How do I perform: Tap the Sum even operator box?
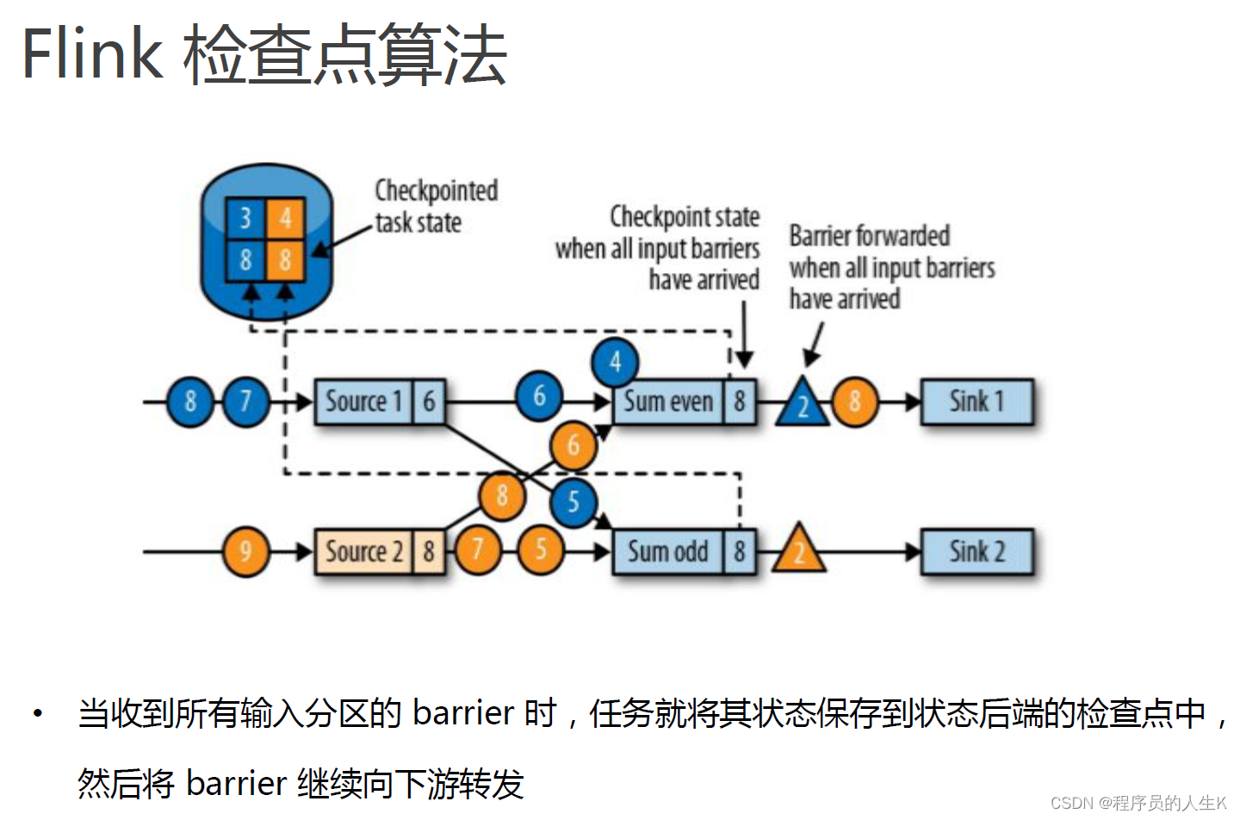(x=668, y=401)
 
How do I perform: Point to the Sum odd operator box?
(x=668, y=551)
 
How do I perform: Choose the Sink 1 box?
(x=976, y=401)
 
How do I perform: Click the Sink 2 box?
(x=976, y=551)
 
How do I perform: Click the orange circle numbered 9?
(x=246, y=551)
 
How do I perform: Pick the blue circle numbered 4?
(x=615, y=362)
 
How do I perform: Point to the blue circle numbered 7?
(x=246, y=401)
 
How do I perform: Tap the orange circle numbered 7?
(x=477, y=550)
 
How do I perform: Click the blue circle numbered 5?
(x=573, y=502)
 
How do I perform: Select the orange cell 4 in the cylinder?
(x=285, y=218)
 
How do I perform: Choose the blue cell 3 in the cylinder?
(x=245, y=218)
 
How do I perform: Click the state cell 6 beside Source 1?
(x=429, y=401)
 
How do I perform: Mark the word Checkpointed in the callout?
(x=436, y=190)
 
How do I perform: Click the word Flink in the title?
(x=91, y=53)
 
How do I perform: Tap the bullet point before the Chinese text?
(x=37, y=713)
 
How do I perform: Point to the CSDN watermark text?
(x=1138, y=803)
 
